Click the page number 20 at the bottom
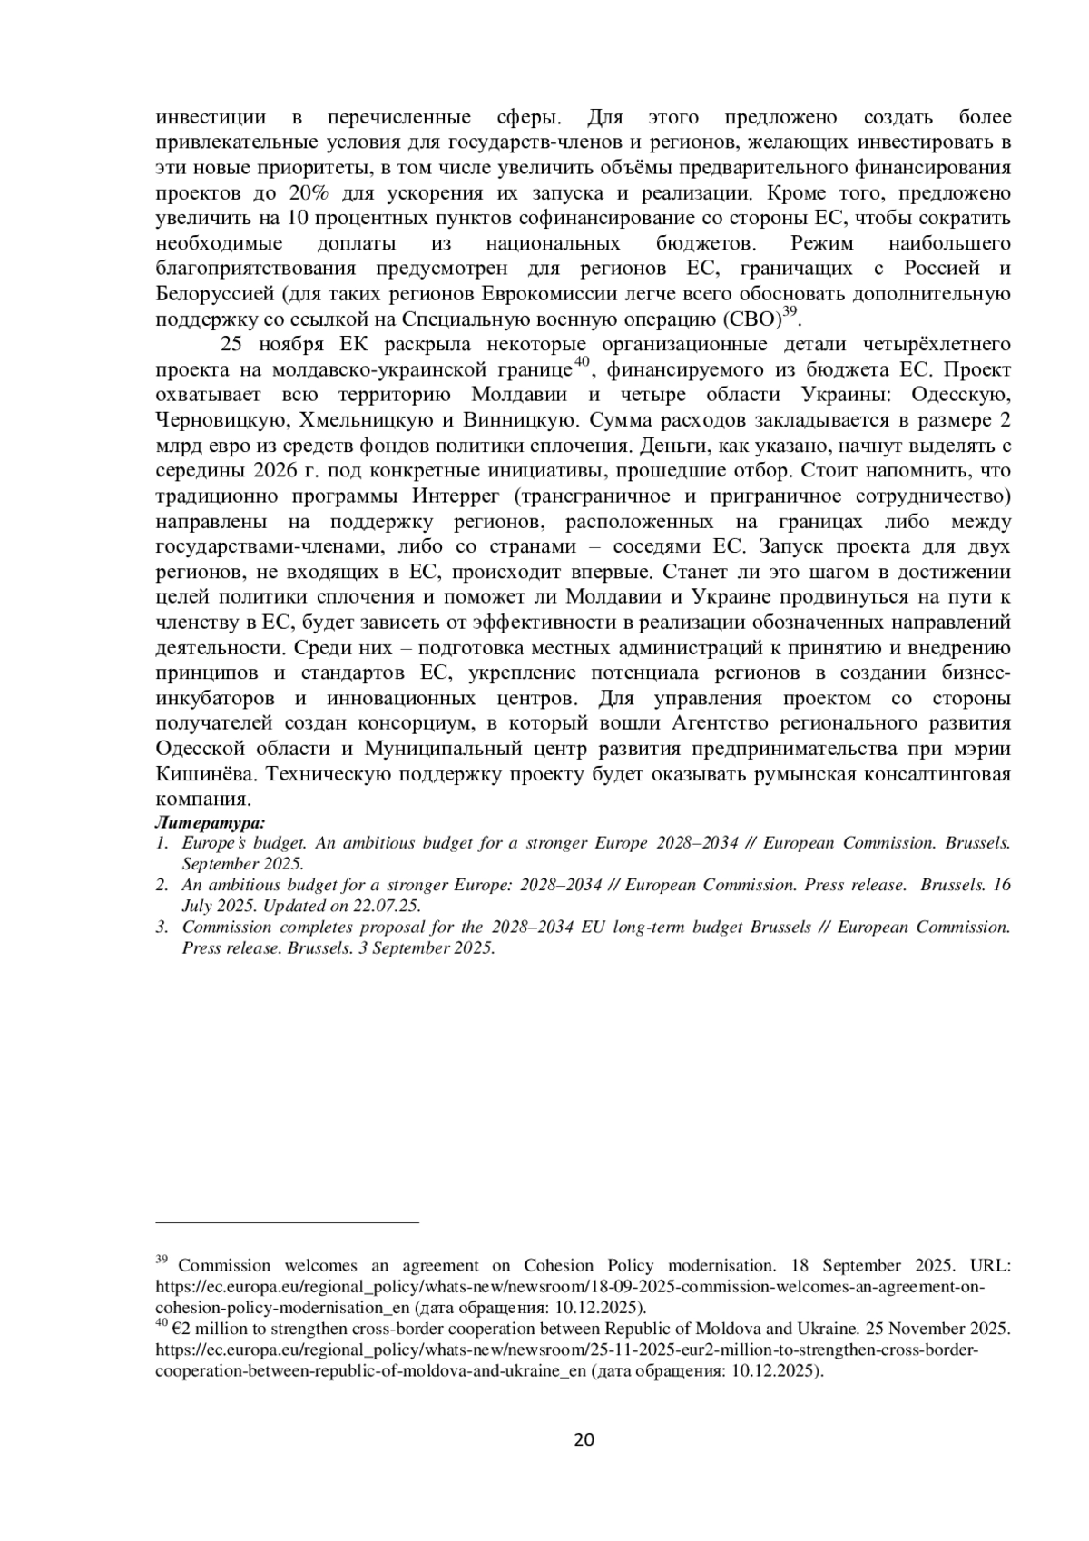(x=584, y=1439)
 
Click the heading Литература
(x=210, y=823)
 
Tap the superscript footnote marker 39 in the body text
(x=789, y=311)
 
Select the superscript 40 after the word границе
(x=583, y=362)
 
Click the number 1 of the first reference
(x=161, y=843)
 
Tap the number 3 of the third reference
(x=161, y=928)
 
